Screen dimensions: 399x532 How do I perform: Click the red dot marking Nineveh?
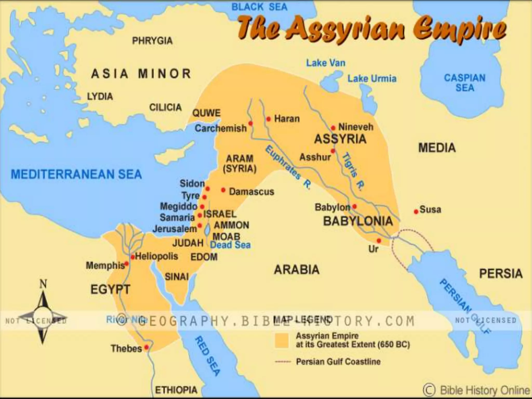point(333,128)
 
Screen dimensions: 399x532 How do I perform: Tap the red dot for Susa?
point(416,212)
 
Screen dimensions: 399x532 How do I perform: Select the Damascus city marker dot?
point(223,190)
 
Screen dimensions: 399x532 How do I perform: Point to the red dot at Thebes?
point(147,347)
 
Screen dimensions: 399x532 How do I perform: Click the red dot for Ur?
point(379,241)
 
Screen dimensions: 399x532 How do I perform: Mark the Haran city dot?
point(269,119)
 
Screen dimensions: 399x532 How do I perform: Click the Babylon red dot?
point(354,207)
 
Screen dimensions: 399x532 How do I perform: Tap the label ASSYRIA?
point(340,139)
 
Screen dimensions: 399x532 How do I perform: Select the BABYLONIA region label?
point(358,221)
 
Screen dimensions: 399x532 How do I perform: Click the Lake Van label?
point(326,63)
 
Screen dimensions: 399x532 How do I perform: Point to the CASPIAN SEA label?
point(465,83)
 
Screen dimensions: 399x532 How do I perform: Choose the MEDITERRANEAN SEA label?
point(76,174)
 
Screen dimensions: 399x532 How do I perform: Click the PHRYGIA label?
point(152,41)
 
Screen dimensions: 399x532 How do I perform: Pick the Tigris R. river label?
point(354,171)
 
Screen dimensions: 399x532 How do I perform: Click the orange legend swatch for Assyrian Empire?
point(282,340)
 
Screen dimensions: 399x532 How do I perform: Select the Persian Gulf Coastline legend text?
point(338,362)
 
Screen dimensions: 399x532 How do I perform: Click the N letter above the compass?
point(43,284)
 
